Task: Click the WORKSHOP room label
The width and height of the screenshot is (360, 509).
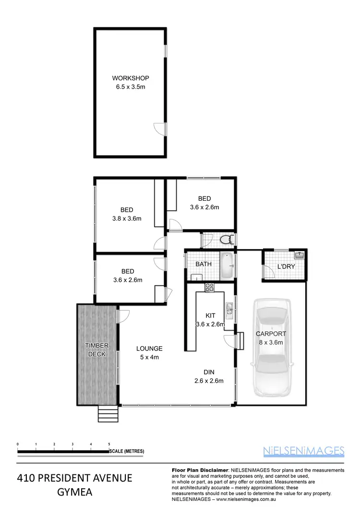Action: [x=131, y=78]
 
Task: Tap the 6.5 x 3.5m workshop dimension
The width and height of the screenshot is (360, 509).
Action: [x=131, y=87]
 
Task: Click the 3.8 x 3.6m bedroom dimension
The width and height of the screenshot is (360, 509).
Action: [x=127, y=218]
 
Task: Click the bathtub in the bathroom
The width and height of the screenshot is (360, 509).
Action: [x=227, y=266]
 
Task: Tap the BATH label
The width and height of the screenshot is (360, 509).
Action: [x=204, y=264]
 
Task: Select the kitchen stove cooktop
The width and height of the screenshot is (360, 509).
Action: [x=210, y=288]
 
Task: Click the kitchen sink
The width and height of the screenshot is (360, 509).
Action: [x=229, y=311]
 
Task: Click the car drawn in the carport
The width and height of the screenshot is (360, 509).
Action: [x=272, y=347]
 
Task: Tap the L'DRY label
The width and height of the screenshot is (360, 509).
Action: [x=287, y=267]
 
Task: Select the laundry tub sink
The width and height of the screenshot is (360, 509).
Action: [x=299, y=254]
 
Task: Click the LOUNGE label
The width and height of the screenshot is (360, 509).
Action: [x=149, y=349]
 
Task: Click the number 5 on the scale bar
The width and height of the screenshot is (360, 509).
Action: [x=109, y=444]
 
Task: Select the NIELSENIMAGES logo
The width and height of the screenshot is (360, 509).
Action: [x=304, y=450]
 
